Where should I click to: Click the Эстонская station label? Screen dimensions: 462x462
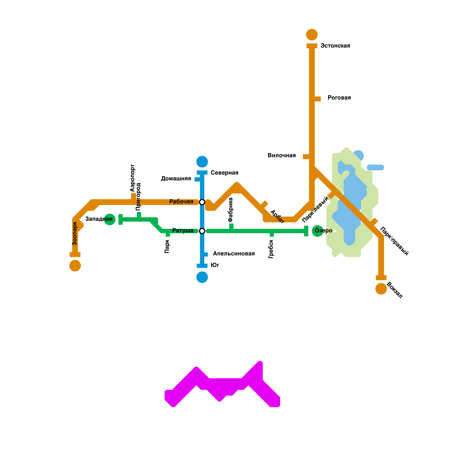point(335,46)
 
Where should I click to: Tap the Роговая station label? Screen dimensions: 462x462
point(339,98)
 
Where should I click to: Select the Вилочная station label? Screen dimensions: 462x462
point(282,156)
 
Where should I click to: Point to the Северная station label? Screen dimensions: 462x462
point(224,173)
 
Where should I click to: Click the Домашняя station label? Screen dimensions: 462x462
point(176,179)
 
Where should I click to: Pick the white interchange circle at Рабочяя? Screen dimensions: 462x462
point(202,202)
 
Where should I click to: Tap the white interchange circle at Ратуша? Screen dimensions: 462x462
point(202,231)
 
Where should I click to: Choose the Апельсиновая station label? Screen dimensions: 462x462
point(234,254)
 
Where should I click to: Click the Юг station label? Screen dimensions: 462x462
point(215,265)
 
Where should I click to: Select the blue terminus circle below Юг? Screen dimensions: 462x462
point(202,277)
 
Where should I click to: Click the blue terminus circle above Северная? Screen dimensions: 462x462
point(202,162)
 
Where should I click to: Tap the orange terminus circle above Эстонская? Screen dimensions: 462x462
point(312,35)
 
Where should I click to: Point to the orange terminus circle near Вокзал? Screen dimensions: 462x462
point(381,289)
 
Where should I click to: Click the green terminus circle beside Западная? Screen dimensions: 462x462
point(110,219)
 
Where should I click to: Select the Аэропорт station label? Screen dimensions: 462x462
point(133,178)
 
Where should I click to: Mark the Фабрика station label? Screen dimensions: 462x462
point(230,210)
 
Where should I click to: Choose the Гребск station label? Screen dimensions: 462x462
point(271,249)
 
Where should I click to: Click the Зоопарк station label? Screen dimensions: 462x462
point(75,233)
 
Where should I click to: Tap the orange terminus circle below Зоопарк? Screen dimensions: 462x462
point(75,266)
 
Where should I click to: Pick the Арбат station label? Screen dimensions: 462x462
point(277,217)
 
